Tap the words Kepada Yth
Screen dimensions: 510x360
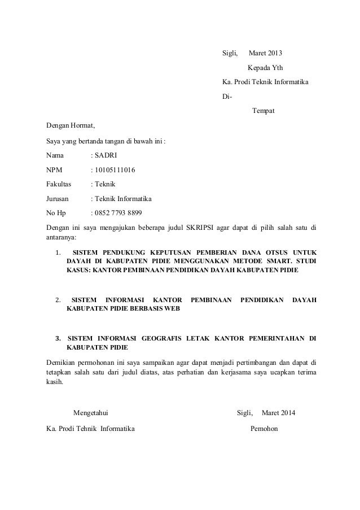pyautogui.click(x=266, y=68)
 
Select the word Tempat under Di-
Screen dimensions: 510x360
pyautogui.click(x=263, y=110)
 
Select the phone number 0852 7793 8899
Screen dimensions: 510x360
pyautogui.click(x=119, y=213)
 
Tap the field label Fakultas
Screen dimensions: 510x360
pyautogui.click(x=59, y=184)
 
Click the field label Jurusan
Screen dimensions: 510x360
pyautogui.click(x=58, y=199)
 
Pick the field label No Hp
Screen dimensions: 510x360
pyautogui.click(x=56, y=213)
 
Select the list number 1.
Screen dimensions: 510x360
pyautogui.click(x=58, y=252)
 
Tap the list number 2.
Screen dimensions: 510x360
pyautogui.click(x=58, y=299)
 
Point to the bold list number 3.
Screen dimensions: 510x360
pyautogui.click(x=58, y=338)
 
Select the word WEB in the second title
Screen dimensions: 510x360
pyautogui.click(x=173, y=309)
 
